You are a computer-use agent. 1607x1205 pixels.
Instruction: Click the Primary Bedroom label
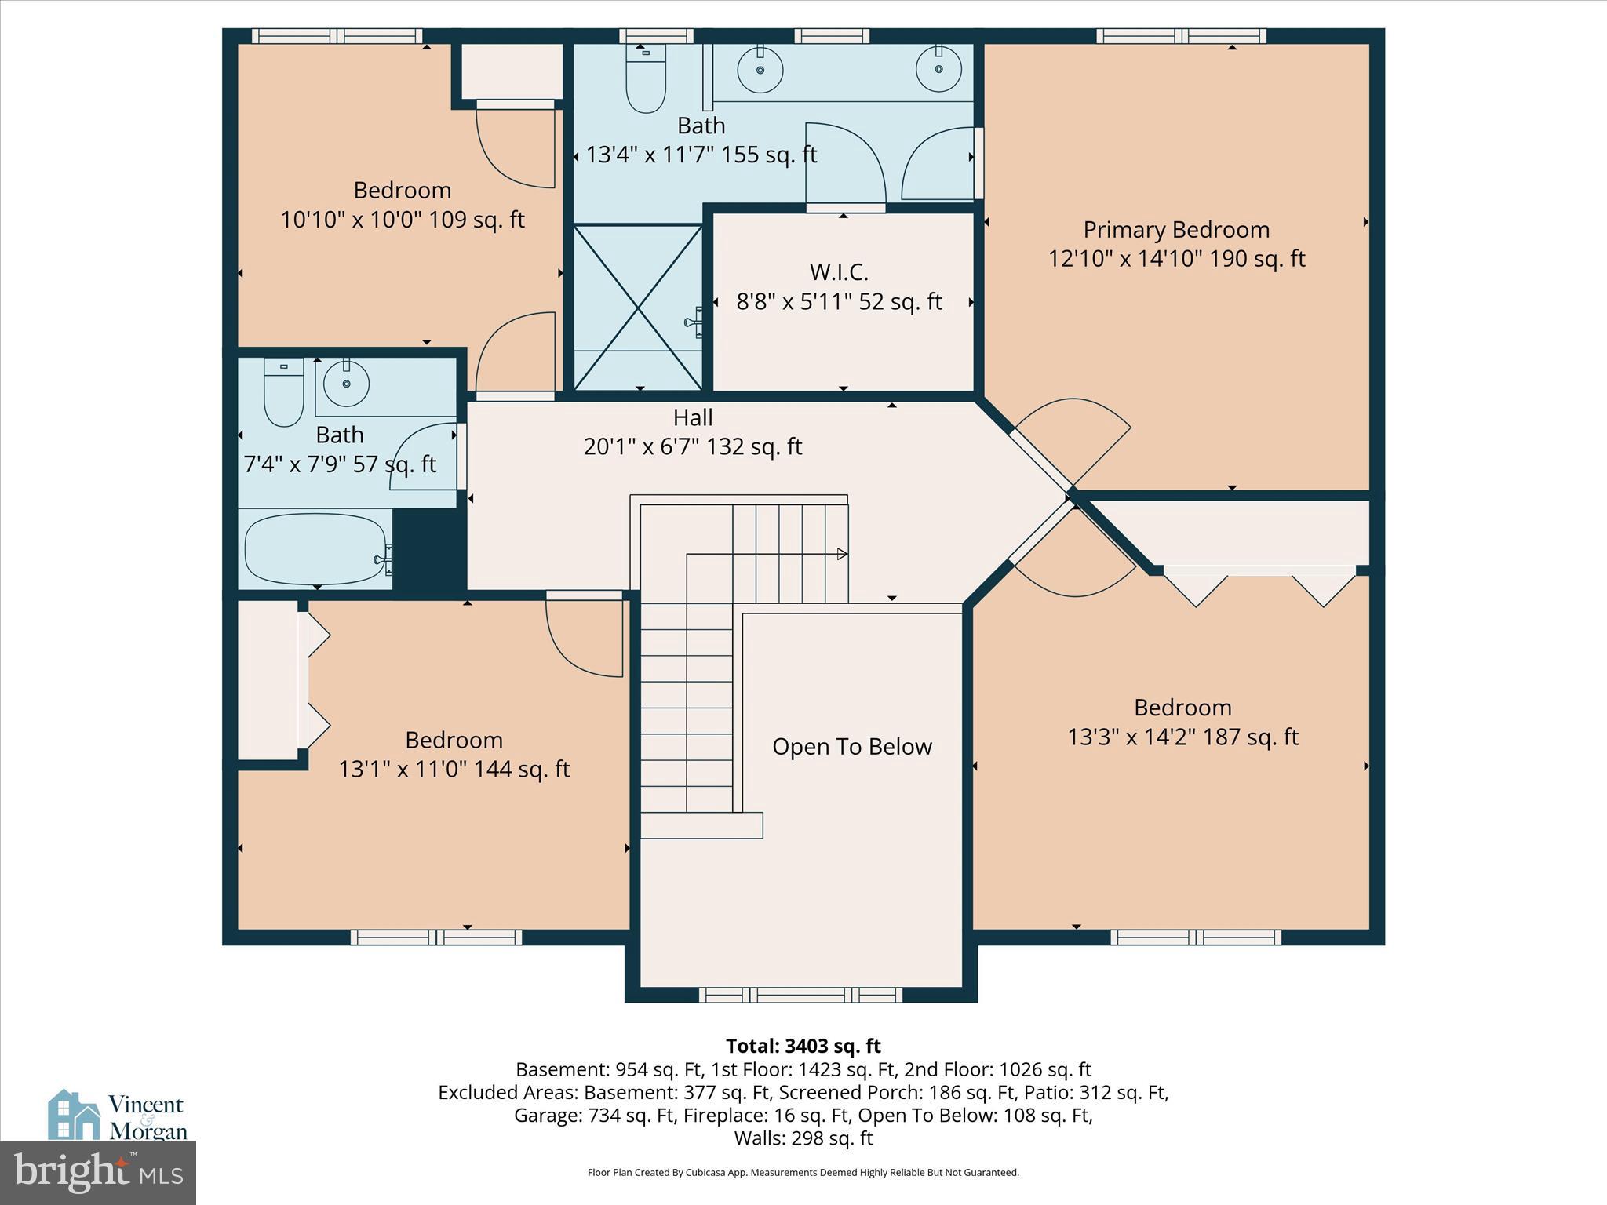(1175, 230)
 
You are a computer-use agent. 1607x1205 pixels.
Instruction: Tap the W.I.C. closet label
(839, 272)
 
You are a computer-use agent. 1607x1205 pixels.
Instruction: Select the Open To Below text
(851, 746)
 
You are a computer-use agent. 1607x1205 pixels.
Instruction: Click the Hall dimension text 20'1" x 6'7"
(692, 446)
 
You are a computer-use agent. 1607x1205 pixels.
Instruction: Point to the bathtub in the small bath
(315, 549)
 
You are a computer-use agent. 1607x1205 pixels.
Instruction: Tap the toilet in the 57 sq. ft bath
(283, 392)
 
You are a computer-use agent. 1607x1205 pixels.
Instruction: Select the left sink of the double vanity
(760, 70)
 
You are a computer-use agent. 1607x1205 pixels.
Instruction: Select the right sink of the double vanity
(938, 69)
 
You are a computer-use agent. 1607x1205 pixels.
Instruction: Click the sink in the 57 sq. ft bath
(347, 384)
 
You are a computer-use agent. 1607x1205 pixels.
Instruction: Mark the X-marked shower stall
(638, 308)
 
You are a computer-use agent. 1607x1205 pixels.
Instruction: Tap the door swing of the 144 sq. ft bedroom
(582, 635)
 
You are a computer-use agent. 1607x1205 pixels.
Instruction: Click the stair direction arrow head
(842, 554)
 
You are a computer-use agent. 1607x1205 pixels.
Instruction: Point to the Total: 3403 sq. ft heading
(803, 1046)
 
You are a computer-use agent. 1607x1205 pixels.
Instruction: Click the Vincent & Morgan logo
(118, 1116)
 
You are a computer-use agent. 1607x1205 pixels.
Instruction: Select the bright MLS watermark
(98, 1173)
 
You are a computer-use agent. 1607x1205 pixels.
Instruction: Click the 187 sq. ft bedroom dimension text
(1182, 737)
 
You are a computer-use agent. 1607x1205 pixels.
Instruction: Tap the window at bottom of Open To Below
(800, 995)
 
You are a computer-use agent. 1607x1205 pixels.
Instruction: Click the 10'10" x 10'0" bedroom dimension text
(402, 220)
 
